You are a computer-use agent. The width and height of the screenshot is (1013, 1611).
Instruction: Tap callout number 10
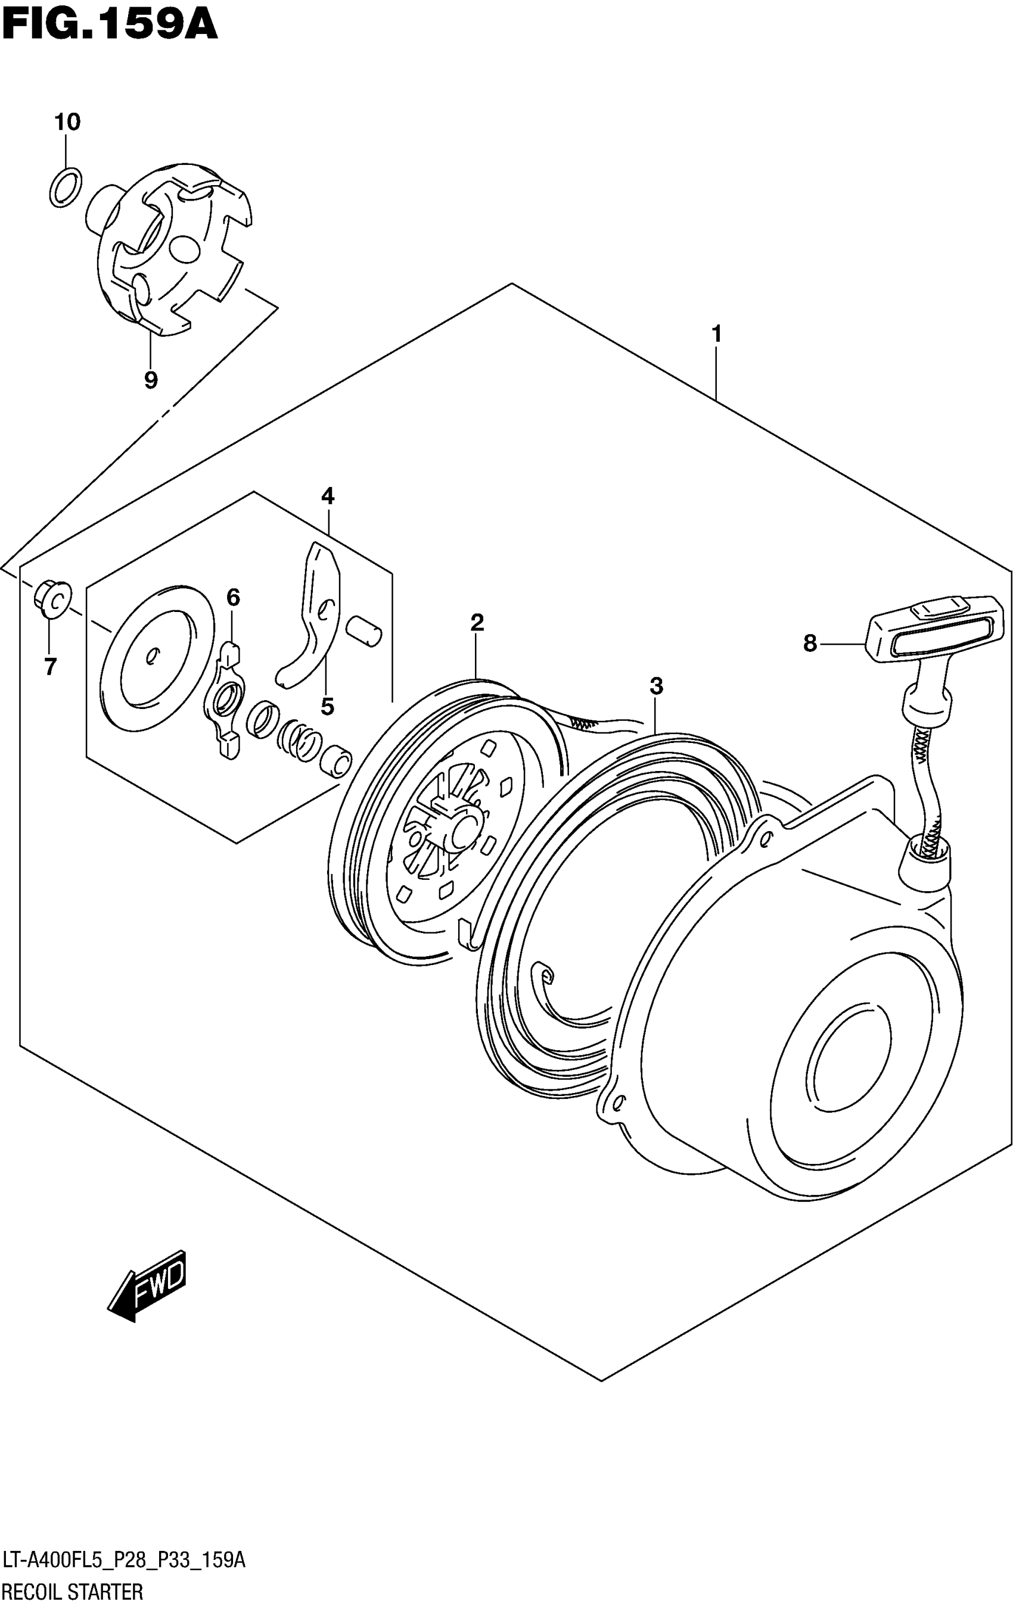(x=67, y=122)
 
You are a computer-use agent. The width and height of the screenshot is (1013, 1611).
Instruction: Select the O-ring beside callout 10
(x=66, y=187)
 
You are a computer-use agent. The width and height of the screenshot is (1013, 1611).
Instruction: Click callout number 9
(x=151, y=380)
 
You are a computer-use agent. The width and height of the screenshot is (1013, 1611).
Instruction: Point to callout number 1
(x=716, y=333)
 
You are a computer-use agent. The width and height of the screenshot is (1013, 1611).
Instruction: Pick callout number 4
(x=327, y=496)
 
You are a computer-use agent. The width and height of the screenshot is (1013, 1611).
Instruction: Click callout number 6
(x=233, y=597)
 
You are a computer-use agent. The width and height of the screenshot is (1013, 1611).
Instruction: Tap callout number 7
(x=50, y=666)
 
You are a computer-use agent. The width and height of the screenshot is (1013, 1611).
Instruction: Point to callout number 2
(x=477, y=623)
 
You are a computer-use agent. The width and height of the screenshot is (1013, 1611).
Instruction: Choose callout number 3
(x=656, y=686)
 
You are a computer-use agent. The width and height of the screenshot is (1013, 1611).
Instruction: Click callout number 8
(x=810, y=644)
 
